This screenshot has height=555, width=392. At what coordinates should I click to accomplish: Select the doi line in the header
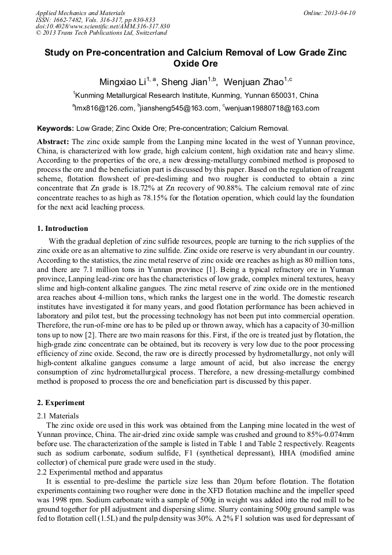(103, 27)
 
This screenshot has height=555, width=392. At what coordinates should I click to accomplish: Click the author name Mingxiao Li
(120, 81)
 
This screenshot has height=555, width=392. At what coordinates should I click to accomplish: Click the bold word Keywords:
(56, 128)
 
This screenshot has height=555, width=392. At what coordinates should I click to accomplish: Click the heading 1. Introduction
(62, 229)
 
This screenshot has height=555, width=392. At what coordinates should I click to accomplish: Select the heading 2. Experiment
(61, 403)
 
